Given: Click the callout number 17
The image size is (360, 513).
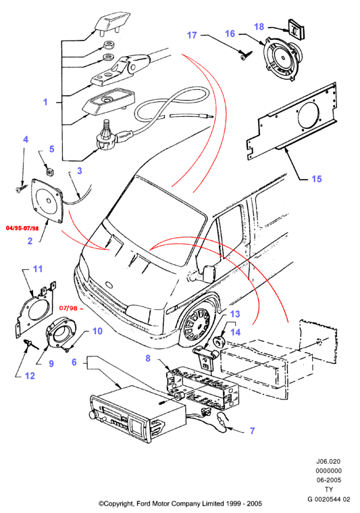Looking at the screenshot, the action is pos(192,35).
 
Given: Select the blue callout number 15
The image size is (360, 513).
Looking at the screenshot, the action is pos(317,179).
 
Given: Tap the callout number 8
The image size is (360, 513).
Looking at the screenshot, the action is pos(148,358).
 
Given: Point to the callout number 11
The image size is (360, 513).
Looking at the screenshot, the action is pos(38,269).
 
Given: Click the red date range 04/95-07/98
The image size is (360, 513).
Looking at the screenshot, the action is pos(22,227).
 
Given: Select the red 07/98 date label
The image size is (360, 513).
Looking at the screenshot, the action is pos(68,308).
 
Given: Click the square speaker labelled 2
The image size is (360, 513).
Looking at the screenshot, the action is pos(47,201).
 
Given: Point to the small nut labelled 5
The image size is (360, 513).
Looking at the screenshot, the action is pos(50,170).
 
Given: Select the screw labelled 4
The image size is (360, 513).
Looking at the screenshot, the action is pos(21,188).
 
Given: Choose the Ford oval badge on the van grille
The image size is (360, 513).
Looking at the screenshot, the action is pos(109,286).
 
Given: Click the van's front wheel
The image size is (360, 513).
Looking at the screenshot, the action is pos(198,323).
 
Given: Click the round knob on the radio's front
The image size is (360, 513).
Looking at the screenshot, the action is pos(92,414).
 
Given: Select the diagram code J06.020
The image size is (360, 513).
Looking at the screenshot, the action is pos(328,461).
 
